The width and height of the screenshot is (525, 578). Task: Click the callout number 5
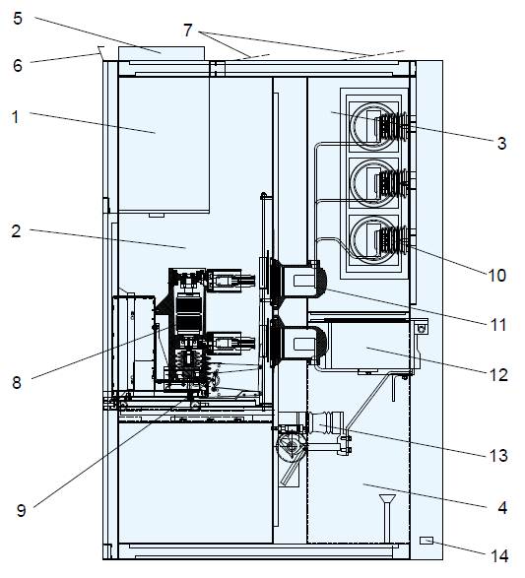[x=18, y=19]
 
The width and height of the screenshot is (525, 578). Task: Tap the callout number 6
[x=18, y=66]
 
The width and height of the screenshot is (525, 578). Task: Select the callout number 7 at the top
[x=188, y=31]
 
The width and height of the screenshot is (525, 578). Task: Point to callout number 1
[x=16, y=117]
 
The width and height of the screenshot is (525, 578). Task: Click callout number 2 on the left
[x=16, y=231]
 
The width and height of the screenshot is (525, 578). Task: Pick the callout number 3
[x=501, y=143]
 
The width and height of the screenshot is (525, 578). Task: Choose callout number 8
[x=17, y=383]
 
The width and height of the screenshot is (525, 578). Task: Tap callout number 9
[x=22, y=510]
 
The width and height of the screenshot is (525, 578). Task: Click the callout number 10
[x=497, y=276]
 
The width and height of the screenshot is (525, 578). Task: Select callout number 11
[x=498, y=325]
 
